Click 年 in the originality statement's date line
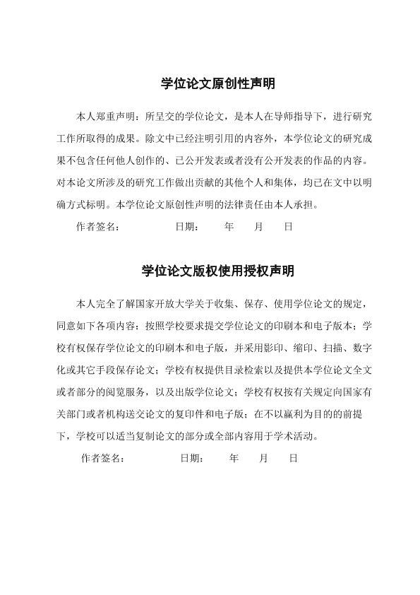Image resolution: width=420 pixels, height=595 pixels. [x=229, y=228]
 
